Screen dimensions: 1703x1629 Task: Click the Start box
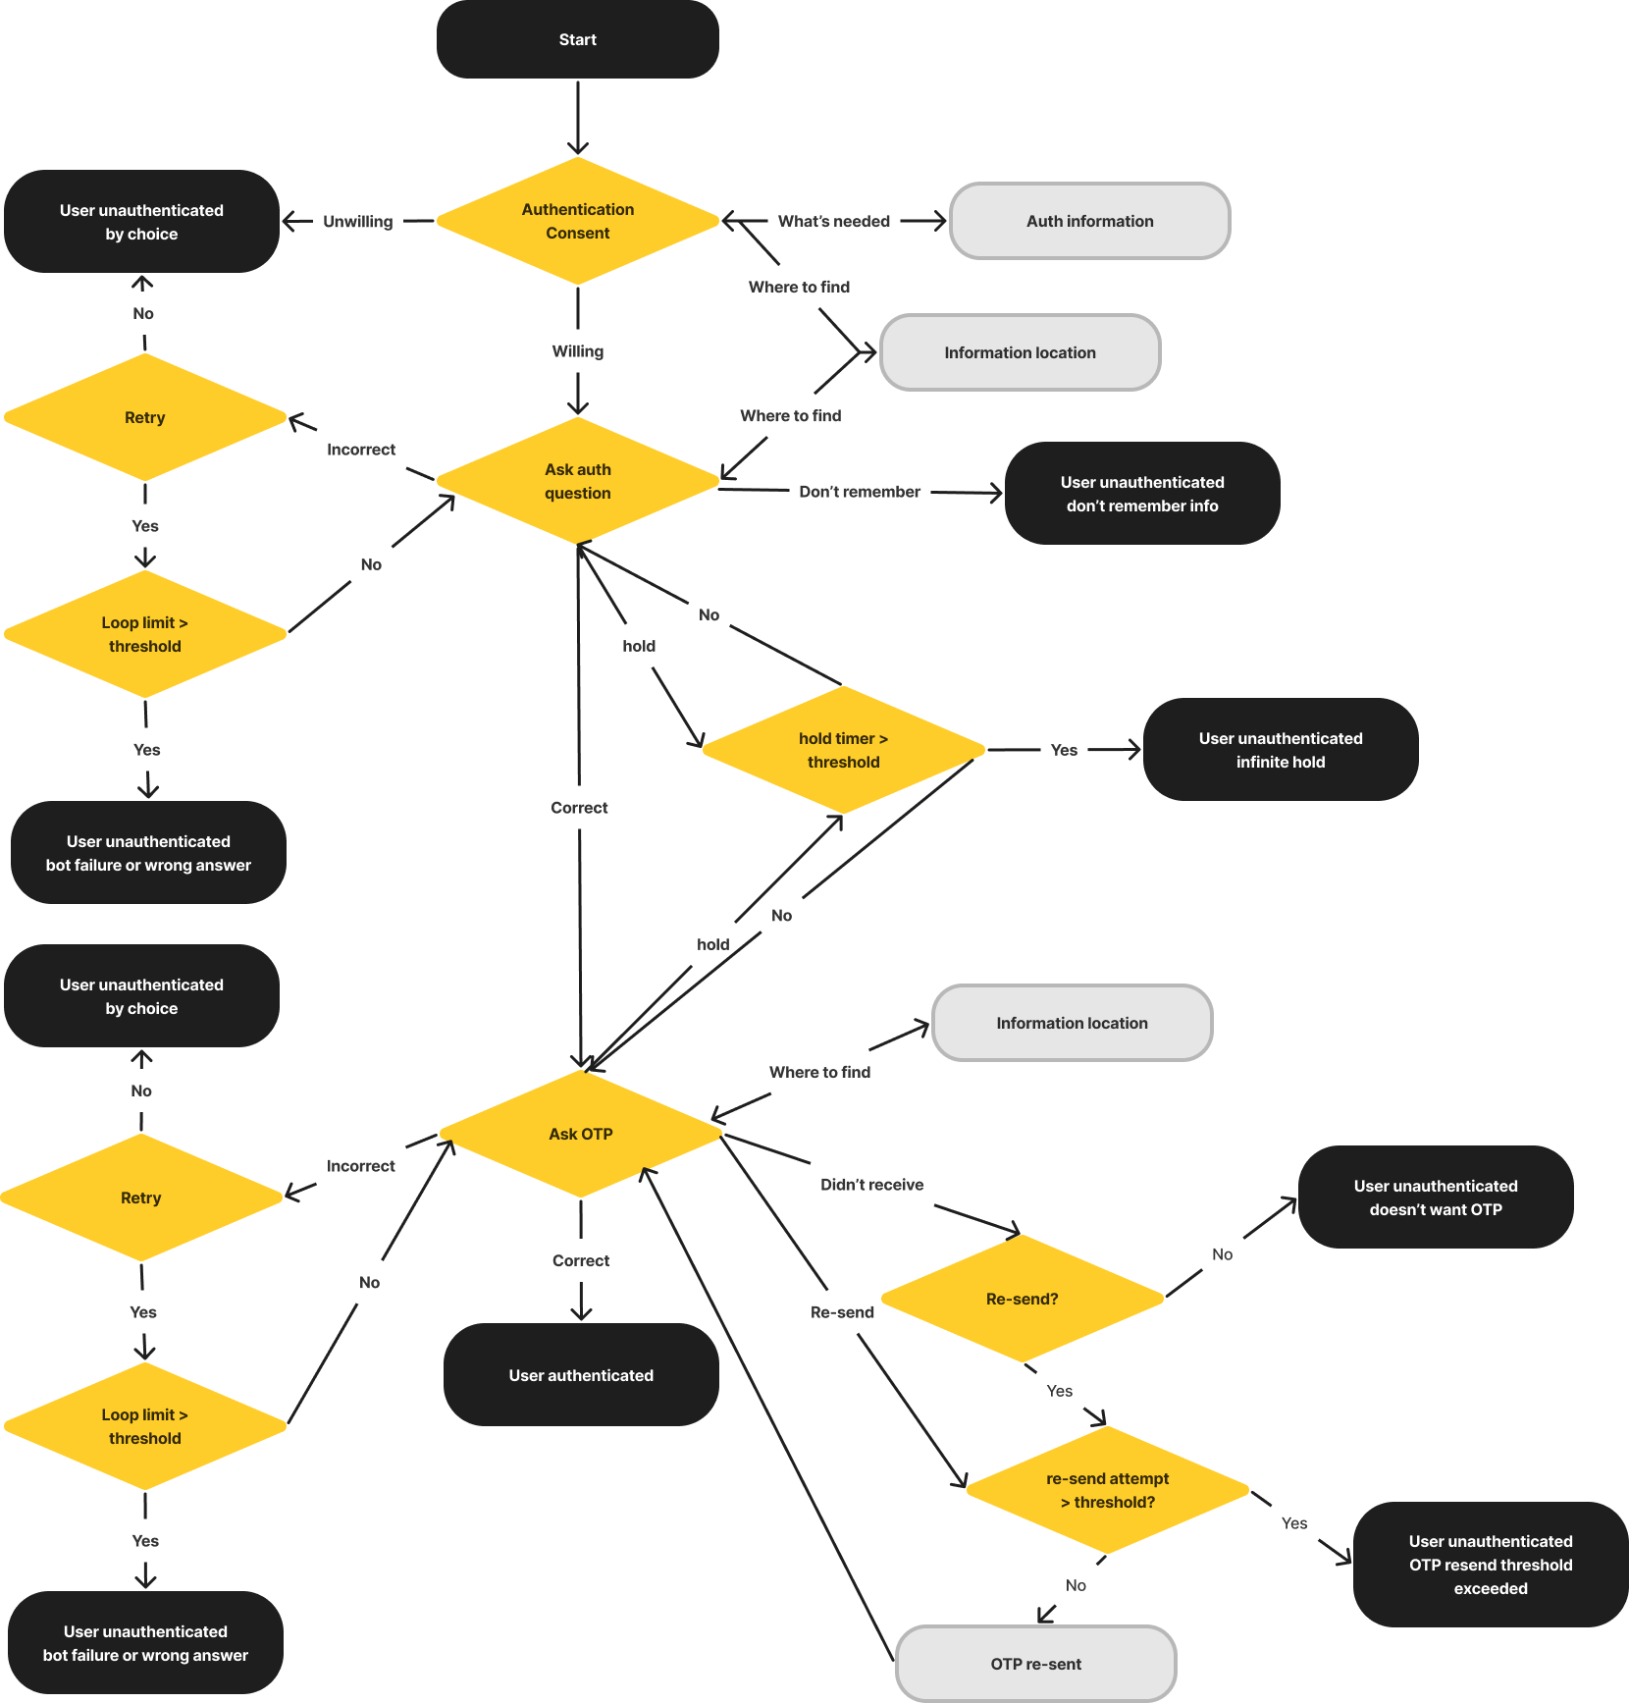coord(577,39)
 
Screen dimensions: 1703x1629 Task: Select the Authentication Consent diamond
coord(577,221)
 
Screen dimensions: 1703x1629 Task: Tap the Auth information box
coord(1089,221)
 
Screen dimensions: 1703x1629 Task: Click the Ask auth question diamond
coord(577,481)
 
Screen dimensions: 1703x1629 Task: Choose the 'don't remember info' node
coord(1141,494)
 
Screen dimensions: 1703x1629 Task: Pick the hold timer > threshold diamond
coord(843,750)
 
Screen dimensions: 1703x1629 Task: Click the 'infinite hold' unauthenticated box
coord(1280,750)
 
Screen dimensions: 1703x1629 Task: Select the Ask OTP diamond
coord(580,1134)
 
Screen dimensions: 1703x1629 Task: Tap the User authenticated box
coord(580,1375)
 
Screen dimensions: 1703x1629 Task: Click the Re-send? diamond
coord(1022,1299)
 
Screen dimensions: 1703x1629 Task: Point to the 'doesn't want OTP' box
coord(1435,1197)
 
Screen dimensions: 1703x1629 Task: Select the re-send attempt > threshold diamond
coord(1107,1490)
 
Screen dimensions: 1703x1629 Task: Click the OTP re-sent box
coord(1035,1664)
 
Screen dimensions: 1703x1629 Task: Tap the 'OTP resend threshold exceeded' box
coord(1490,1565)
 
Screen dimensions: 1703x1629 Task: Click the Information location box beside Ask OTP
coord(1072,1023)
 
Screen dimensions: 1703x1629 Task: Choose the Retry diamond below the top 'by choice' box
coord(144,417)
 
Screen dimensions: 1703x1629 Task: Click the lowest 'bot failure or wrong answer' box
coord(145,1643)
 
